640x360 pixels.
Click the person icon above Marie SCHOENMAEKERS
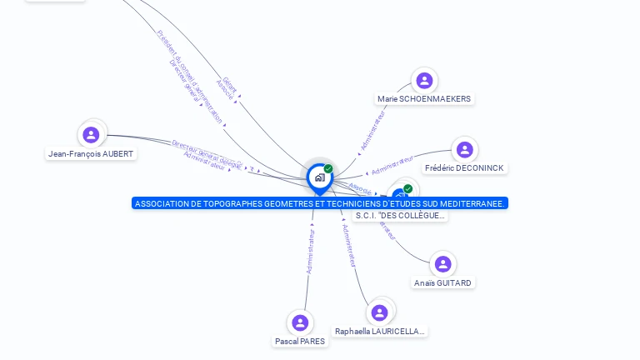(424, 81)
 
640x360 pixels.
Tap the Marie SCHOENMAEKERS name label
(424, 99)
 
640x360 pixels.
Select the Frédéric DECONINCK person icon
(464, 150)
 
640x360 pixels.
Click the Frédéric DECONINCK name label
(465, 168)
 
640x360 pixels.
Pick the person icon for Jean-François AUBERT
(91, 135)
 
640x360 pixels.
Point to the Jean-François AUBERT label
(91, 154)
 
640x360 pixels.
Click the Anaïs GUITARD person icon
(442, 264)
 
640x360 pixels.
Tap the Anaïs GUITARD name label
(442, 283)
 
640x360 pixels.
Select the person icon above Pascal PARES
(300, 322)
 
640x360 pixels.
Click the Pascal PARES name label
(300, 342)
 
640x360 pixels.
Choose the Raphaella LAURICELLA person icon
(379, 312)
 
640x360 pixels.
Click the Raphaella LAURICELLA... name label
(380, 332)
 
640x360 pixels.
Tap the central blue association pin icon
(319, 177)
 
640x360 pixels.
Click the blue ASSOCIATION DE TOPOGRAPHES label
(319, 203)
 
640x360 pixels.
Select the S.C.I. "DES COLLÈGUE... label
(401, 216)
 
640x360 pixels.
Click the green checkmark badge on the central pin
(328, 169)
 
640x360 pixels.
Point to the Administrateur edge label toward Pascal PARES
(310, 252)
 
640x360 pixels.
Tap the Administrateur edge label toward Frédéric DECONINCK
(392, 165)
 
